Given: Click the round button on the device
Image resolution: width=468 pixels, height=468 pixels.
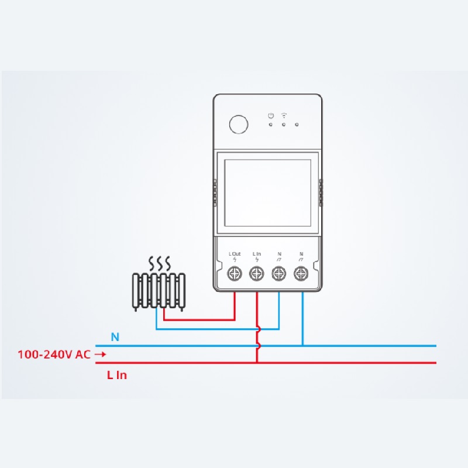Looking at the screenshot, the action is point(239,124).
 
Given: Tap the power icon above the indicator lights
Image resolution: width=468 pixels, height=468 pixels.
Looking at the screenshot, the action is point(271,115).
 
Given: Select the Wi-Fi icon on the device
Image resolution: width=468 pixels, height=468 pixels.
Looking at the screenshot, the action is point(284,115).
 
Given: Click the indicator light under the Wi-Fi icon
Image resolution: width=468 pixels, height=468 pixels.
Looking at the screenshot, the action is point(284,125).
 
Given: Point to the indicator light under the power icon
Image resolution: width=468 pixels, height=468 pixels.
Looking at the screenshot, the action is point(270,125).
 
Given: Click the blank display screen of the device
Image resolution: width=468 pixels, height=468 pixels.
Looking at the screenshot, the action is point(268,193).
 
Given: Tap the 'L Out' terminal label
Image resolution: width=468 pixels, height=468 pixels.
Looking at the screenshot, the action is point(235,254).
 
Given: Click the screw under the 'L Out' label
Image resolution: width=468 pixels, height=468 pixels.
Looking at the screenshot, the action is point(235,273).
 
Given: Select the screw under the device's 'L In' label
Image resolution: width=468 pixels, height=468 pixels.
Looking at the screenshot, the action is point(257,273).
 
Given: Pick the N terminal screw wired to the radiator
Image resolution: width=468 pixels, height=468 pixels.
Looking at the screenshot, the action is point(279,273).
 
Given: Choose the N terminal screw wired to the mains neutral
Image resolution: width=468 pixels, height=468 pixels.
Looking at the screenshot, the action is point(301,273).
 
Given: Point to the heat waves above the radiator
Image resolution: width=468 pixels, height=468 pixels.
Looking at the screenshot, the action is point(160,263).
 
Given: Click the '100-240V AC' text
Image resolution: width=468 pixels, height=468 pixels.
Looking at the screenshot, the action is point(54,355).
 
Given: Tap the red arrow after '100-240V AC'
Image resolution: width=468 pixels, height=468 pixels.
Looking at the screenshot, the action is point(100,355).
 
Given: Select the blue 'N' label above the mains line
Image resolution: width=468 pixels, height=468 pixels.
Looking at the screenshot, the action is point(115,338).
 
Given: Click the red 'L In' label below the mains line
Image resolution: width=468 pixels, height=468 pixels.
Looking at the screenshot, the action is point(117,375).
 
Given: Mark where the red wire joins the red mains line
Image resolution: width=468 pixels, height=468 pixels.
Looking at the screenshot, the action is point(257,363).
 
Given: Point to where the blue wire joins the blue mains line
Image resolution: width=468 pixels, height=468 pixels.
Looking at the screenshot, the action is point(302,346).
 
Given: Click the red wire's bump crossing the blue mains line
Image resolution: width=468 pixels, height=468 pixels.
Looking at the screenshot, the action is point(259,346).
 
